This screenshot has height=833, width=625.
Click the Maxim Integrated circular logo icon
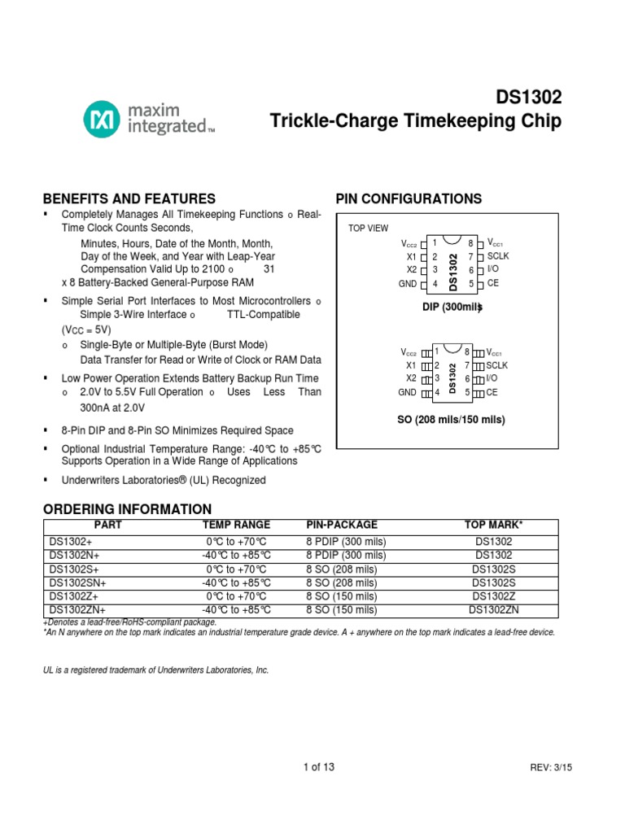(101, 119)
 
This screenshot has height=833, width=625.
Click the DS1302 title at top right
(529, 98)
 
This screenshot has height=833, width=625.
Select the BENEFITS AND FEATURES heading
(129, 199)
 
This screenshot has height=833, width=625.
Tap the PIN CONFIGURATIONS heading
(409, 199)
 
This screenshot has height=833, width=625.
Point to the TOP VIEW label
(369, 229)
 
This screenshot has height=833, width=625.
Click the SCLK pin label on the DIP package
(497, 256)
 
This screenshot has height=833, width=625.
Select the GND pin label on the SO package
(407, 392)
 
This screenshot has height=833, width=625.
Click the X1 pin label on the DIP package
(411, 256)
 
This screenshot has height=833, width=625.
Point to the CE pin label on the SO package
(492, 392)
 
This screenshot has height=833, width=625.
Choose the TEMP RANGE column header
(236, 526)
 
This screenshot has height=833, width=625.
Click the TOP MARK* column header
(493, 526)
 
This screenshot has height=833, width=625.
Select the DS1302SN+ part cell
(78, 583)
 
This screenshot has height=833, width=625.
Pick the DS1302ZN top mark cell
(494, 609)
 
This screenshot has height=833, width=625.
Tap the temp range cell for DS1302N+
(236, 556)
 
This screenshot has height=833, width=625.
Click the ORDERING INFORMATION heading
(127, 509)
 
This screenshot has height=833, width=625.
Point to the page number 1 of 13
(318, 767)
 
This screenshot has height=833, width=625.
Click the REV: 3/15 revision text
(551, 768)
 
